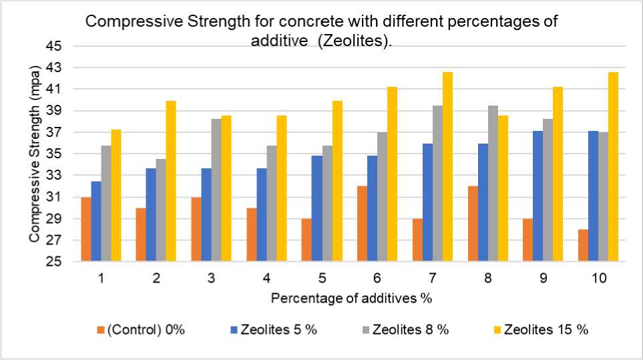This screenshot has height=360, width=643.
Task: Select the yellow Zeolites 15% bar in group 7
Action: pyautogui.click(x=447, y=167)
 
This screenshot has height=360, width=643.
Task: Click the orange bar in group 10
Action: pyautogui.click(x=584, y=245)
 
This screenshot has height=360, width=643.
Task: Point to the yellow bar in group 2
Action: pyautogui.click(x=170, y=181)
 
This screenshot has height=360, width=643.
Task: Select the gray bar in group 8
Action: pyautogui.click(x=493, y=184)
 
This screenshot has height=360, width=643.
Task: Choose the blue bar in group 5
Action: pyautogui.click(x=317, y=208)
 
